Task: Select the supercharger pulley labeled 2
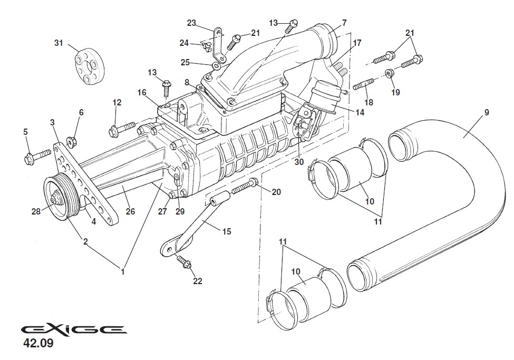point(57,196)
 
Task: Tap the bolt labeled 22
point(185,261)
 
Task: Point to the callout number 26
point(130,212)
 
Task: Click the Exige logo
point(74,330)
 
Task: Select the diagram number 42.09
point(38,346)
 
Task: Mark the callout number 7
point(344,23)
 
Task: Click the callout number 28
point(36,211)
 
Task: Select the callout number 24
point(183,43)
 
